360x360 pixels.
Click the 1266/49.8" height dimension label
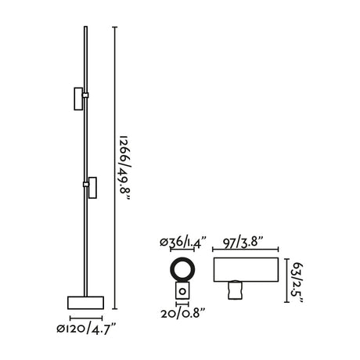pos(124,168)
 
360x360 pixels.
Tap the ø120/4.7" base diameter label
pos(86,328)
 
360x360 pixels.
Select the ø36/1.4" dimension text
pos(183,243)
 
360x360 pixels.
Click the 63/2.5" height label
pos(297,283)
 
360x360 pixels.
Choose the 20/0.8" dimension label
pos(183,313)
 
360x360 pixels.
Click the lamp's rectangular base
pos(85,303)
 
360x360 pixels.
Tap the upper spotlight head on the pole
pos(78,99)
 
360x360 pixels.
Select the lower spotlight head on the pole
pos(92,188)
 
